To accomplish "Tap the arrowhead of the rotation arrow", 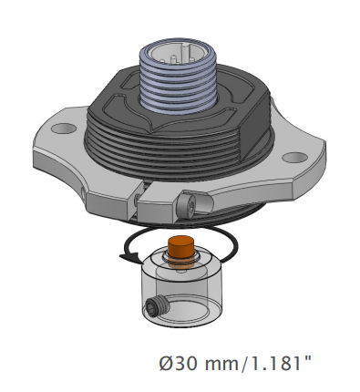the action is (129, 257).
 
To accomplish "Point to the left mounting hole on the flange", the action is (64, 129).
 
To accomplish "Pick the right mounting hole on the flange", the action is (294, 158).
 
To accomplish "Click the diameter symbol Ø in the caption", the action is (167, 364).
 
